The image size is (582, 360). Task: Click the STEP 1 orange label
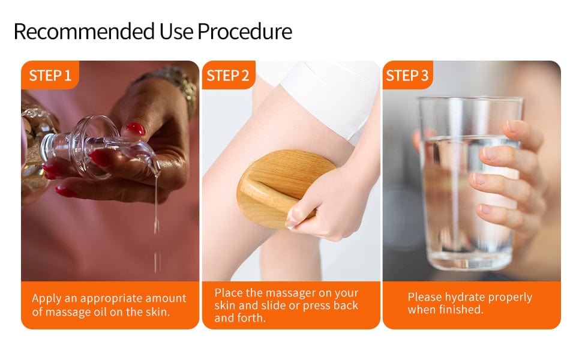coord(50,76)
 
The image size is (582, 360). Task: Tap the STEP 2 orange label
coord(228,76)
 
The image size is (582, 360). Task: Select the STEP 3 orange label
coord(407,76)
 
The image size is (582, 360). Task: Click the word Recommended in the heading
coord(84,31)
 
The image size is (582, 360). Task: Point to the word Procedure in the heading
coord(245,31)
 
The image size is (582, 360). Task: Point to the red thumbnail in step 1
coord(135,129)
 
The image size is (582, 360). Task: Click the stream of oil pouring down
coord(157,215)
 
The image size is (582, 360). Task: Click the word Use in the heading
coord(176,31)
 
